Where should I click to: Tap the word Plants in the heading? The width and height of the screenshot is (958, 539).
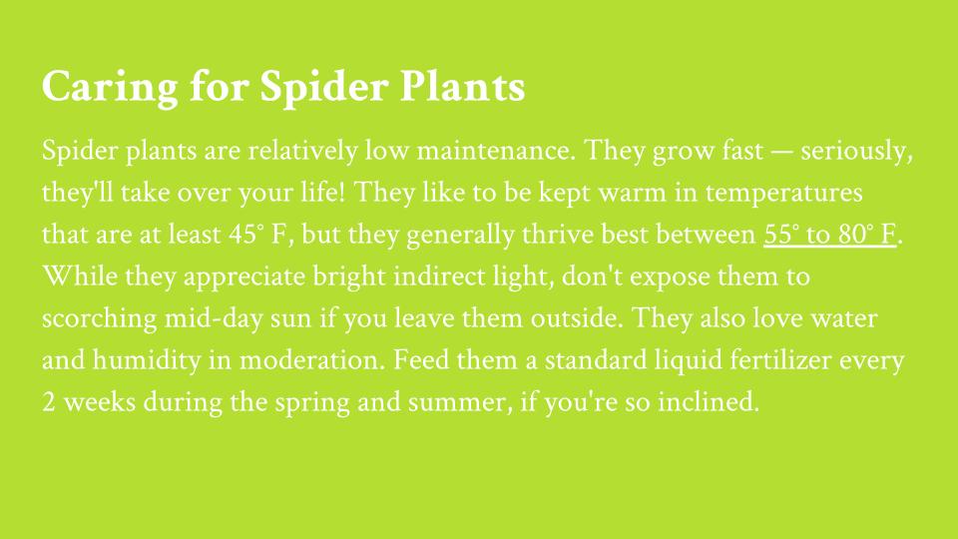tap(462, 86)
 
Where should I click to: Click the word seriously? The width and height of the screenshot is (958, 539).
tap(856, 152)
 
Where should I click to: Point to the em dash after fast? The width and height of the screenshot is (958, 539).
tap(782, 152)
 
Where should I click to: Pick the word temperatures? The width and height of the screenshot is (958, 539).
tap(784, 194)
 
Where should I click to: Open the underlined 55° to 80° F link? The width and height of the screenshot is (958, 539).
tap(829, 235)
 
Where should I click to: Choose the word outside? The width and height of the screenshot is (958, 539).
tap(576, 318)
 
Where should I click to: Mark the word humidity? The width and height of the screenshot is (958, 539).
tap(147, 360)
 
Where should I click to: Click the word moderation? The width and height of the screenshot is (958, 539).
tap(312, 360)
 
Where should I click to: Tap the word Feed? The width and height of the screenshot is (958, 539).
tap(421, 360)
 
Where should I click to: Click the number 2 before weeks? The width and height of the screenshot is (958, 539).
tap(49, 402)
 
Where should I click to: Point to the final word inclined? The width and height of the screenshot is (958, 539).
tap(709, 402)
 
